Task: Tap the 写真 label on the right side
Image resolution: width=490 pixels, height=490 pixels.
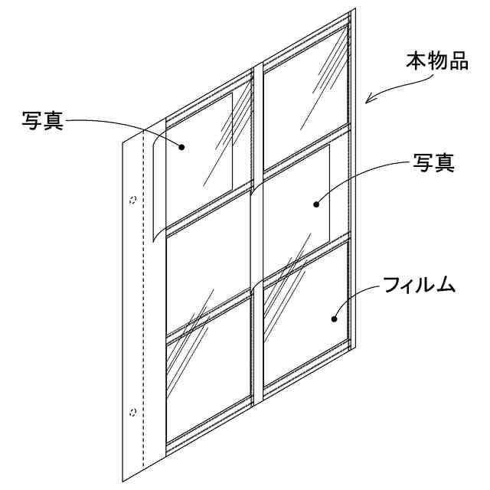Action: (433, 162)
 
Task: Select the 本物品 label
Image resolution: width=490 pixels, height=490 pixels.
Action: (436, 62)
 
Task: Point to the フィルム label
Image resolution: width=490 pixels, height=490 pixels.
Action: (420, 287)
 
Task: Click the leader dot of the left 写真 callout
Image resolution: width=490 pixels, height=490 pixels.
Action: (182, 145)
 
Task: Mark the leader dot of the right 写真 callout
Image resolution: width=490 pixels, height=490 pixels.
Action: (316, 204)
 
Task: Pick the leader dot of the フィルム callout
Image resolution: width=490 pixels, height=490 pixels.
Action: (335, 317)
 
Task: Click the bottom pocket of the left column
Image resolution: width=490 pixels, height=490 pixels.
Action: (208, 375)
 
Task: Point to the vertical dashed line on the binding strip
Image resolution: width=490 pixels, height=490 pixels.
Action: (143, 306)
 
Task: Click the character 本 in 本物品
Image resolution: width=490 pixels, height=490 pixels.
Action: (416, 62)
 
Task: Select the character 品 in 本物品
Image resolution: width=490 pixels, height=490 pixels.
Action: (458, 62)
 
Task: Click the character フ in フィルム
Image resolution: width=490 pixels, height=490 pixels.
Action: (390, 287)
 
